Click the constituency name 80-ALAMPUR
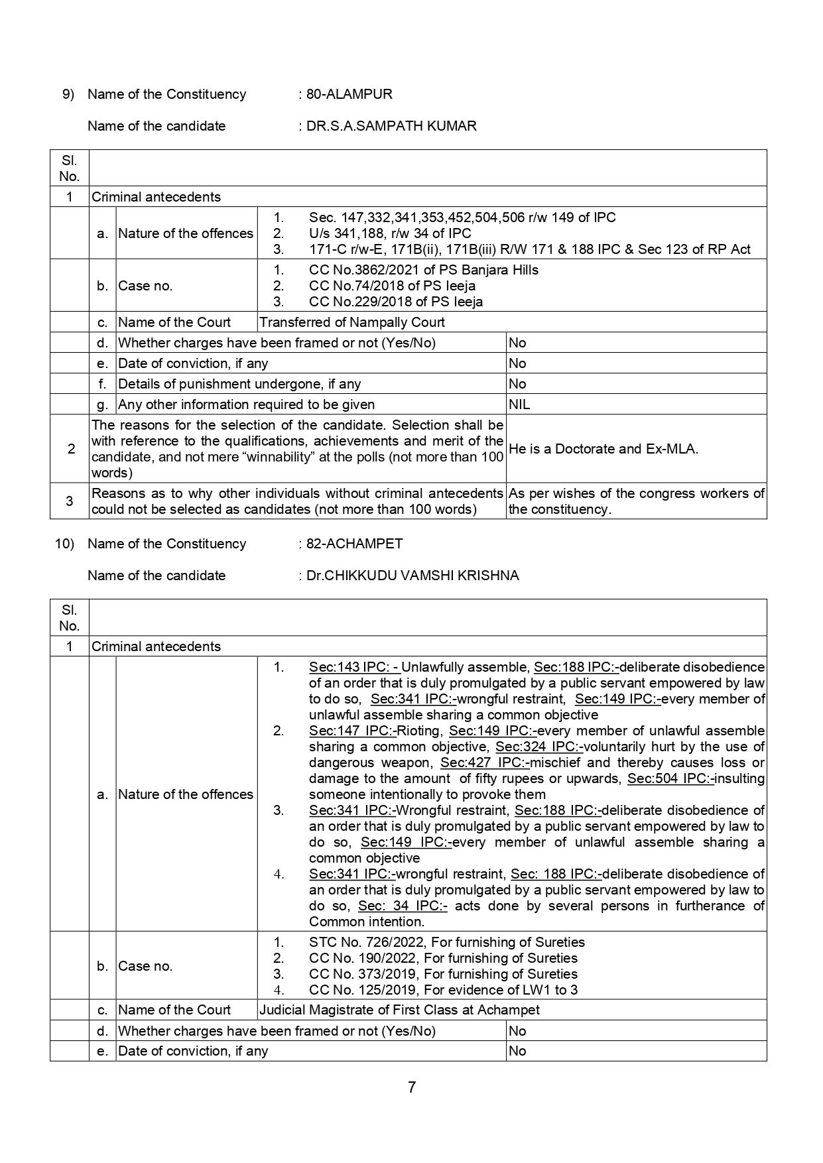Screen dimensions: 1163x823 coord(349,94)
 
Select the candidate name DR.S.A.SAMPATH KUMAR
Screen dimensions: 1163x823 coord(391,126)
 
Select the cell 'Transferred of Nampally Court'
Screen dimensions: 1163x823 coord(352,322)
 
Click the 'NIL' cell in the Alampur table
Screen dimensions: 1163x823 coord(519,404)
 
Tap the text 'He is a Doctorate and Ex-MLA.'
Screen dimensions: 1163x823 coord(603,449)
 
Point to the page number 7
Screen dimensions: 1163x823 coord(412,1087)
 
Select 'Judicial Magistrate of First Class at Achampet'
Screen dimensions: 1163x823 coord(399,1010)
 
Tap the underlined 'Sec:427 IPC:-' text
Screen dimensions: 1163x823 coord(484,763)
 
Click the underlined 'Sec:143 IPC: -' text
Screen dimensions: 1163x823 coord(355,667)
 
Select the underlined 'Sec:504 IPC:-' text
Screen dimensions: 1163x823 coord(671,778)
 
